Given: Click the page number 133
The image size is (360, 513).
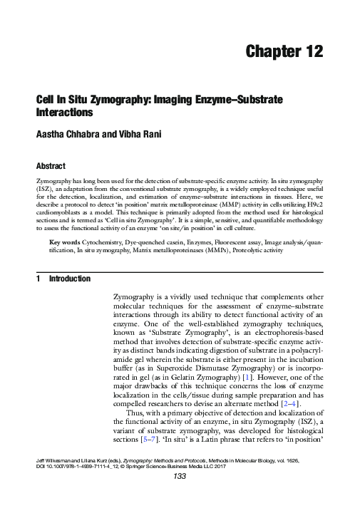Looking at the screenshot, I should (180, 497).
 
